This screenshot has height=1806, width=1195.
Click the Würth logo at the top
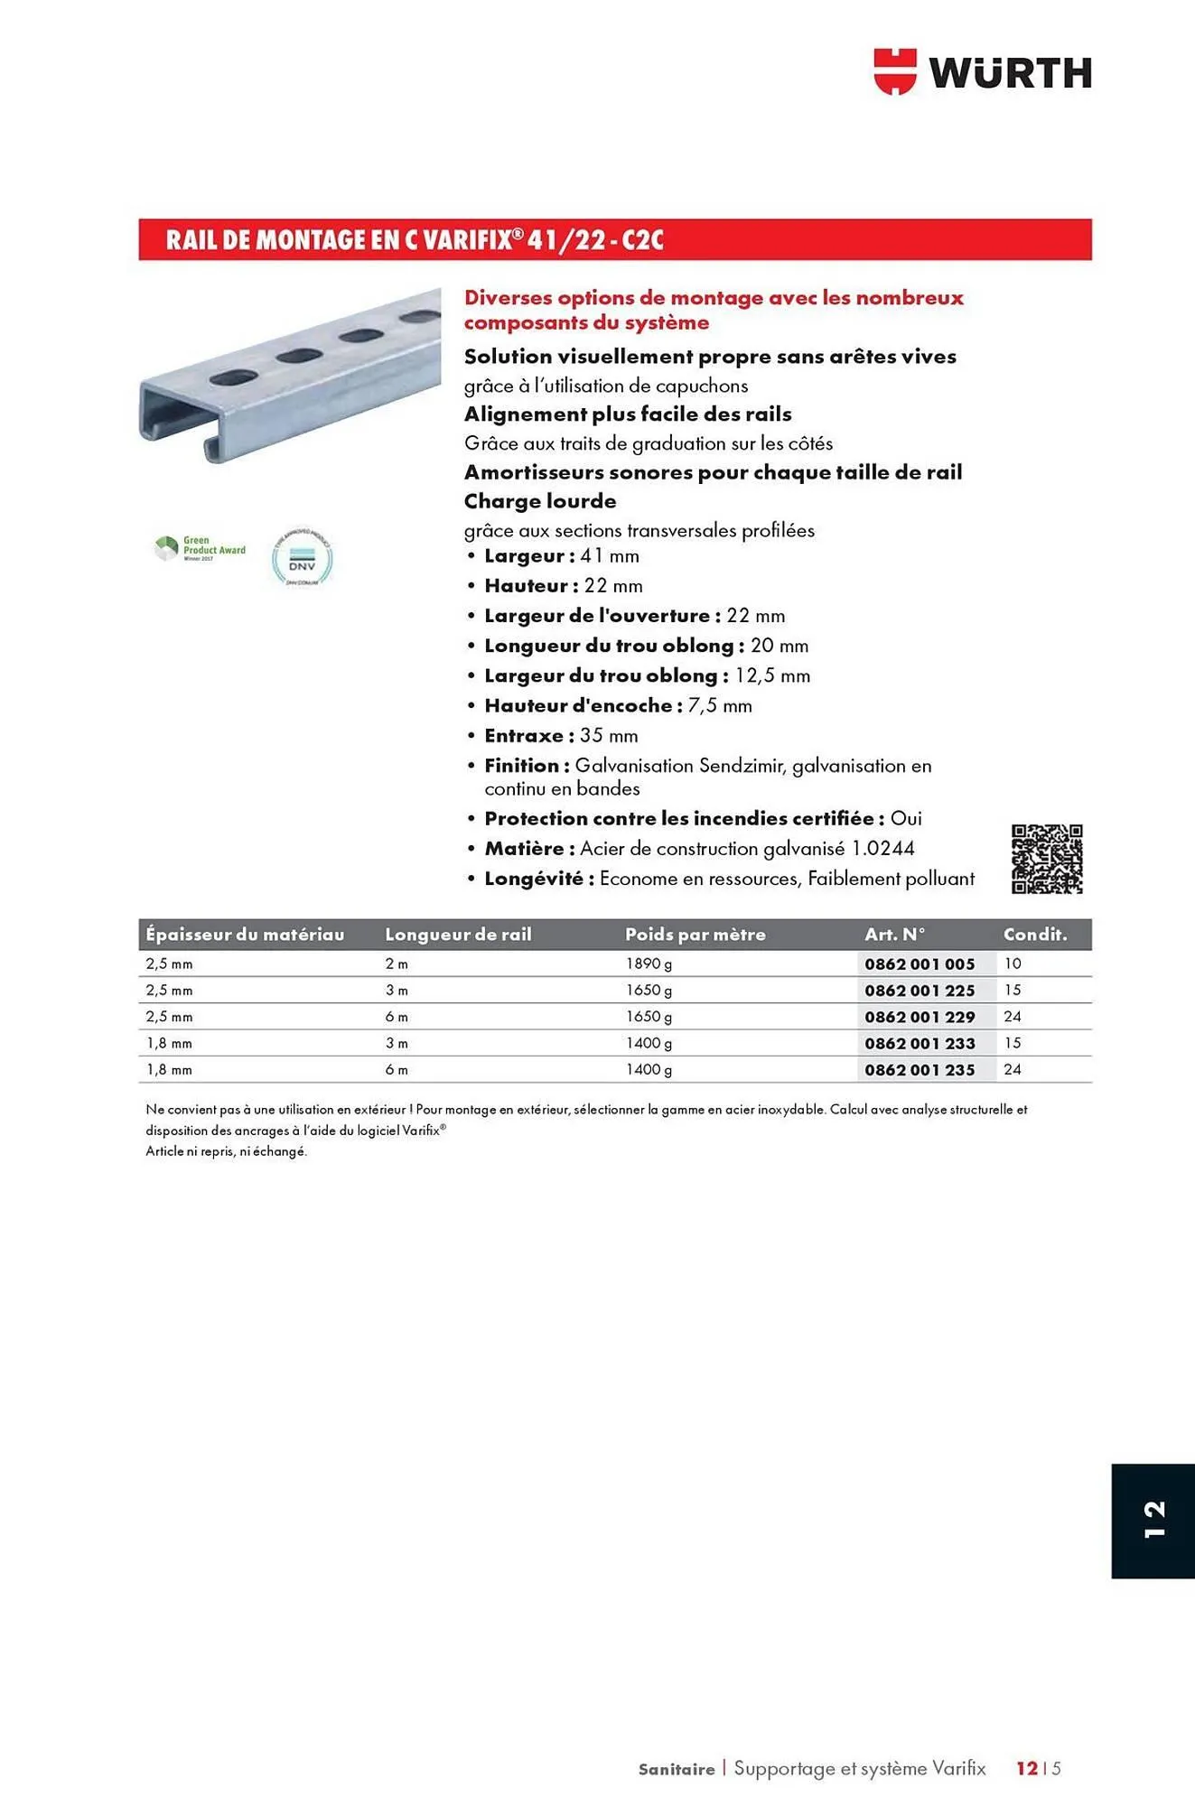[x=982, y=72]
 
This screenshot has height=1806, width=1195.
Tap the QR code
[x=1047, y=859]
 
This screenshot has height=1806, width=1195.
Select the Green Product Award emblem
[x=200, y=548]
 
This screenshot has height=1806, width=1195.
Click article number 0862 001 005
[x=920, y=964]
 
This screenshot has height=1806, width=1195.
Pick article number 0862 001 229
[x=920, y=1017]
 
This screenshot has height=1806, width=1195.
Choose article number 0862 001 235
[x=920, y=1070]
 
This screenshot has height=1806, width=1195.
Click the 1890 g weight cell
[x=649, y=964]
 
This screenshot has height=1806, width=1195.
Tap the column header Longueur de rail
[x=458, y=935]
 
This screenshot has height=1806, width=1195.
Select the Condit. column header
[x=1035, y=935]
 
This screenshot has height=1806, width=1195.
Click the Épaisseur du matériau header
[x=245, y=935]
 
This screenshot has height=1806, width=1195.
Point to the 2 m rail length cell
[x=397, y=964]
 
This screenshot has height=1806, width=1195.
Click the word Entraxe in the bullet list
[x=524, y=736]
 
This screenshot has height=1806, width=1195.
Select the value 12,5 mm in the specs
[x=772, y=676]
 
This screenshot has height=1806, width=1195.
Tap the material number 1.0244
[x=882, y=849]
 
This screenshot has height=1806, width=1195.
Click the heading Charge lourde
[x=540, y=501]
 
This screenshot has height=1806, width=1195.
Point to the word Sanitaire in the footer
[x=676, y=1769]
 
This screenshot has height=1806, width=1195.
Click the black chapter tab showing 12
[x=1153, y=1521]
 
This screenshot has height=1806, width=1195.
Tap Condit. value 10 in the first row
[x=1013, y=964]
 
